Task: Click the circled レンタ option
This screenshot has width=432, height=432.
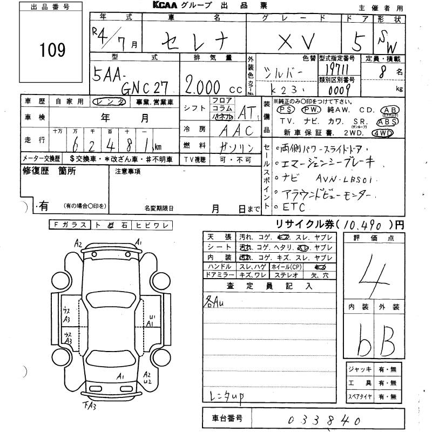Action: click(110, 102)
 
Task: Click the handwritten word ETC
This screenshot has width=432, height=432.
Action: click(294, 207)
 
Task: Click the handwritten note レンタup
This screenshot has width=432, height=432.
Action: click(225, 397)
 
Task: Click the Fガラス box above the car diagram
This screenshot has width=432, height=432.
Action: click(70, 224)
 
